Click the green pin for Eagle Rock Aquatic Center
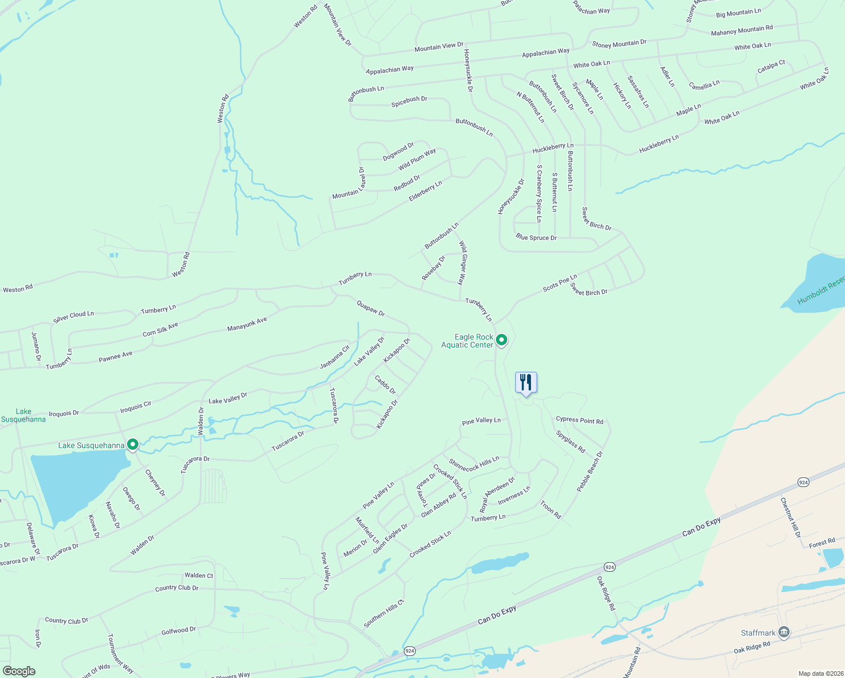click(501, 340)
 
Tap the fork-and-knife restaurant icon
click(526, 383)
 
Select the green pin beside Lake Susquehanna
click(133, 445)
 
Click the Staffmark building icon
click(783, 632)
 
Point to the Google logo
click(19, 671)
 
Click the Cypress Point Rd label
click(579, 420)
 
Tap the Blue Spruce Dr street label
click(536, 238)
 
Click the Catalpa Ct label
click(771, 67)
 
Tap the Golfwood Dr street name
click(178, 631)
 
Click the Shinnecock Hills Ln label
click(473, 463)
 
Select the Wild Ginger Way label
click(462, 263)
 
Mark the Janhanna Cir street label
click(335, 357)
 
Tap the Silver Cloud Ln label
click(73, 317)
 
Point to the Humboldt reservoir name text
click(821, 292)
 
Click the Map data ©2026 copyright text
click(820, 673)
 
